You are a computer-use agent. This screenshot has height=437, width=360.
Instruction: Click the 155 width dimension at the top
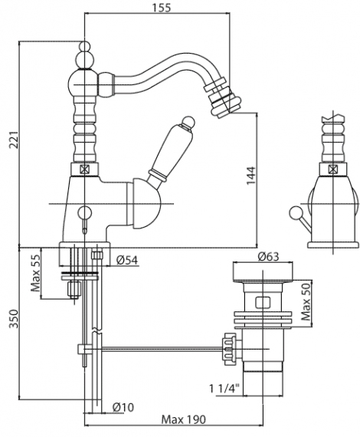pyautogui.click(x=161, y=7)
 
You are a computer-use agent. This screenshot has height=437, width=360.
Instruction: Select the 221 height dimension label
pyautogui.click(x=13, y=140)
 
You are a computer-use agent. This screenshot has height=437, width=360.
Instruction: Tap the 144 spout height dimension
pyautogui.click(x=251, y=176)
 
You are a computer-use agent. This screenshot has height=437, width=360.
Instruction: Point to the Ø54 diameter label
pyautogui.click(x=127, y=260)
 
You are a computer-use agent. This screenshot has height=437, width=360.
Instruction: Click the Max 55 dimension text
pyautogui.click(x=36, y=273)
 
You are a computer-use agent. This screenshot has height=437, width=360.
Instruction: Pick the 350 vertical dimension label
pyautogui.click(x=13, y=319)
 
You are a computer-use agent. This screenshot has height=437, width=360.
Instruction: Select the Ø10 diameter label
pyautogui.click(x=123, y=407)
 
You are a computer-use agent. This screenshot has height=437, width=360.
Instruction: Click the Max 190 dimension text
pyautogui.click(x=184, y=419)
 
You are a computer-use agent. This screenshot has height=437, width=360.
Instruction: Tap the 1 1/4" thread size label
pyautogui.click(x=224, y=389)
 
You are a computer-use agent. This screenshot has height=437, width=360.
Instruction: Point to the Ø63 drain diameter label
pyautogui.click(x=268, y=256)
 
